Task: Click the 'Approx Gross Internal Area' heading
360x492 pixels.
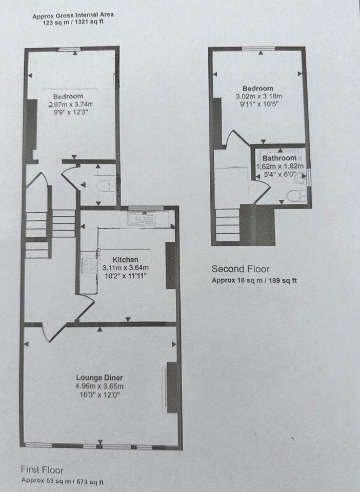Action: click(73, 15)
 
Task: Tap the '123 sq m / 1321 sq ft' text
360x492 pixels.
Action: click(73, 22)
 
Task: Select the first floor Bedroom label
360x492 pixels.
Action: click(68, 97)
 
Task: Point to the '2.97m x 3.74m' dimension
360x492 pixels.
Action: click(71, 105)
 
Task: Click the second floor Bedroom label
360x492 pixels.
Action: click(257, 89)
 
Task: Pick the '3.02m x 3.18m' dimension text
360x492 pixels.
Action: click(258, 96)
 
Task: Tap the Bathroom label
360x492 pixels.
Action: click(279, 158)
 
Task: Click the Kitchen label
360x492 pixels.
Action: click(125, 260)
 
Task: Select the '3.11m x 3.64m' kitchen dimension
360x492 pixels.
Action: click(126, 268)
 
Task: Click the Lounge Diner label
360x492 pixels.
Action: click(99, 378)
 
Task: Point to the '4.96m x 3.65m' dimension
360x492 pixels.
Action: click(99, 386)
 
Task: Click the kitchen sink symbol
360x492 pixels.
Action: click(142, 218)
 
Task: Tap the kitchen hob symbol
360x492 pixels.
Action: click(89, 265)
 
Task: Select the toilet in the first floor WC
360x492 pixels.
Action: click(106, 187)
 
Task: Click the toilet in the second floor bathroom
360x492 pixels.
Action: click(296, 196)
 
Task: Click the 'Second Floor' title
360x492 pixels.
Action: click(241, 269)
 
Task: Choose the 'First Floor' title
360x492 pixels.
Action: click(42, 470)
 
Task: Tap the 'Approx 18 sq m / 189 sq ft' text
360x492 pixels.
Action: click(254, 280)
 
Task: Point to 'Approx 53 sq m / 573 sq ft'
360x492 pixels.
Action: click(63, 481)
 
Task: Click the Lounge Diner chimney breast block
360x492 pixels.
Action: click(172, 387)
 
